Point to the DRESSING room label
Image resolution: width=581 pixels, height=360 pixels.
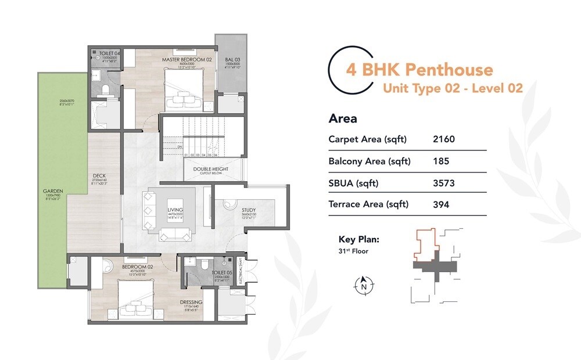(191, 303)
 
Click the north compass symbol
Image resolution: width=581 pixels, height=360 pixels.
(364, 285)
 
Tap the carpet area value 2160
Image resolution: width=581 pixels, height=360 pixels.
(444, 139)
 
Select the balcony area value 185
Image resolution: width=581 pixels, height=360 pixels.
(441, 161)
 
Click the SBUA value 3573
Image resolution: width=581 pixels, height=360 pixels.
(444, 183)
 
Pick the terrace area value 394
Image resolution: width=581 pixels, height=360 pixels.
(442, 204)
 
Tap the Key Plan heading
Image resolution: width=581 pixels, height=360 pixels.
(359, 239)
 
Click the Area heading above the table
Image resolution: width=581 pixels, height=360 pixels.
(343, 119)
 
